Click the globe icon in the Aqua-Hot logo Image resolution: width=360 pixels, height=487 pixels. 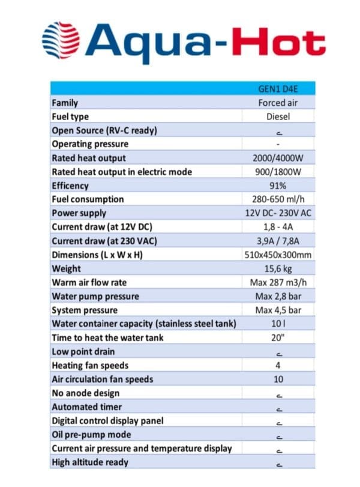point(61,40)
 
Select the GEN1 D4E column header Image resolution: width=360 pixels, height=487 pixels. point(278,89)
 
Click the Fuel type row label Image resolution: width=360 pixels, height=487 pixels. point(71,116)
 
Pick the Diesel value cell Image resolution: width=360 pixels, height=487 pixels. point(278,116)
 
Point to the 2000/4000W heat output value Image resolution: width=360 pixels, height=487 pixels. point(278,158)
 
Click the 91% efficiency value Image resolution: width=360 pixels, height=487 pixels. point(278,186)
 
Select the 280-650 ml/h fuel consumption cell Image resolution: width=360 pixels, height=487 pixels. point(278,199)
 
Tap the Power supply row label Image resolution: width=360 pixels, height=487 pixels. point(79,213)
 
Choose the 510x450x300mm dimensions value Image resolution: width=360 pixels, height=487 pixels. point(278,255)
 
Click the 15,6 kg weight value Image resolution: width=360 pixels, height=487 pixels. point(278,268)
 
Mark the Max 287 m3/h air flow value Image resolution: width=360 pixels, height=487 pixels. point(278,282)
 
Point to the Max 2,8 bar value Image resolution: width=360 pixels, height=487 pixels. point(278,296)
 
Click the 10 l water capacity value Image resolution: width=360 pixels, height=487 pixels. point(278,324)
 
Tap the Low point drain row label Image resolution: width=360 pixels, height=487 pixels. point(83,351)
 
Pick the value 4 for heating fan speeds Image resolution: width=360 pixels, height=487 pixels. point(278,365)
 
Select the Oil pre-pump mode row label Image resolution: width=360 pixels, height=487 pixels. point(91,434)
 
